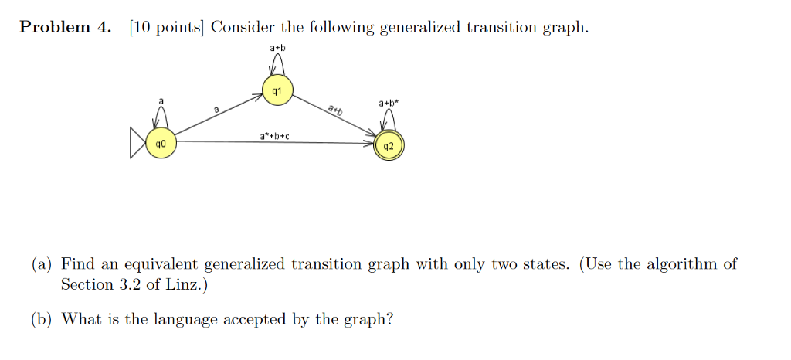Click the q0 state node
161,143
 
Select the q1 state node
277,90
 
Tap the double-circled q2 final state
389,145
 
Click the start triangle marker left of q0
137,143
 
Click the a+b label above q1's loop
277,48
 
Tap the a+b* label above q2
389,103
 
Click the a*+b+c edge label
274,136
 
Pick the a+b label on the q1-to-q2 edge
335,110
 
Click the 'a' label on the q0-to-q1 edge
216,109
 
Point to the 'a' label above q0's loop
161,101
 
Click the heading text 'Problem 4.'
65,27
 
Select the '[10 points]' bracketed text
166,27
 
